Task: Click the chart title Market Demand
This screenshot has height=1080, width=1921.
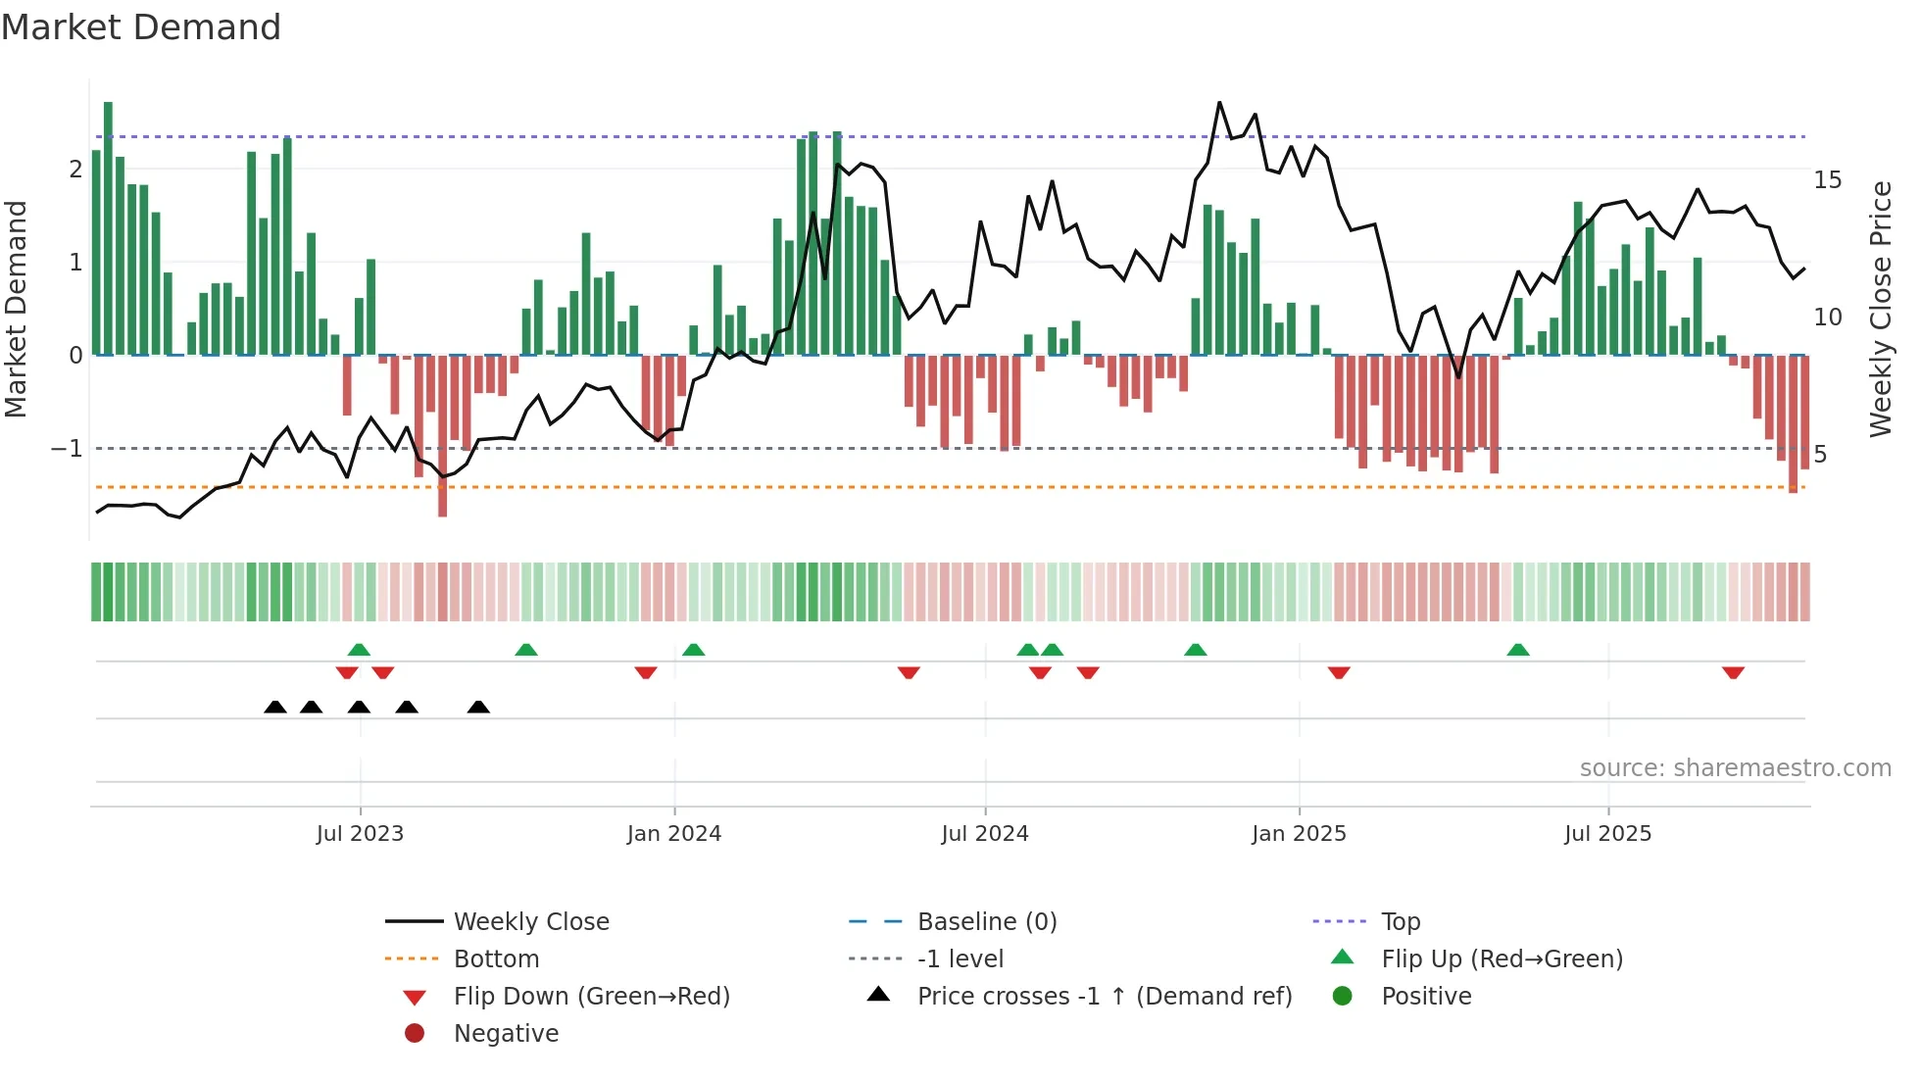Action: click(141, 27)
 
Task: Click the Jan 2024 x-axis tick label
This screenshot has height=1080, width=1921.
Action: click(674, 834)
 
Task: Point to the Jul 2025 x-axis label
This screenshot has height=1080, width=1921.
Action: click(1608, 834)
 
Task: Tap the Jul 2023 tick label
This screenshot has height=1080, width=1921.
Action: click(360, 834)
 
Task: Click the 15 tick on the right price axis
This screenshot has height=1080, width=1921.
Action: click(1828, 180)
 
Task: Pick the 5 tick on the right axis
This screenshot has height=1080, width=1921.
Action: click(1820, 454)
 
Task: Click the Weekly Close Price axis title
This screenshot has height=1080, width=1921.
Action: click(1881, 309)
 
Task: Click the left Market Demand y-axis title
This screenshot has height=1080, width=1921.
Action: click(17, 309)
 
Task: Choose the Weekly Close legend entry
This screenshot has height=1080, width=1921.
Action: click(531, 922)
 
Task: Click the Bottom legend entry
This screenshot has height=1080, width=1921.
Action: click(496, 959)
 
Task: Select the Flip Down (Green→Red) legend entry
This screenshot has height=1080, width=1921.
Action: click(591, 997)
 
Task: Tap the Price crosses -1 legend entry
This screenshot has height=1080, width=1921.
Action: click(1105, 997)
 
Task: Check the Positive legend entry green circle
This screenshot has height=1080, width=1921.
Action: click(1343, 997)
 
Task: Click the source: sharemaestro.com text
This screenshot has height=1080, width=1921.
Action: click(1735, 768)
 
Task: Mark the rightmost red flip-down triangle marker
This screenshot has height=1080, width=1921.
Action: click(1733, 672)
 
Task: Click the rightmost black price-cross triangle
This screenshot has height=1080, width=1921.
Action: click(478, 707)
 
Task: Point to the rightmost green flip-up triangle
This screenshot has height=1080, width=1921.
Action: click(1518, 650)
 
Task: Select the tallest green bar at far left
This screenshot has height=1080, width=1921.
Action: click(108, 225)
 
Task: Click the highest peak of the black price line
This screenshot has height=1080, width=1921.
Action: click(1219, 103)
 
